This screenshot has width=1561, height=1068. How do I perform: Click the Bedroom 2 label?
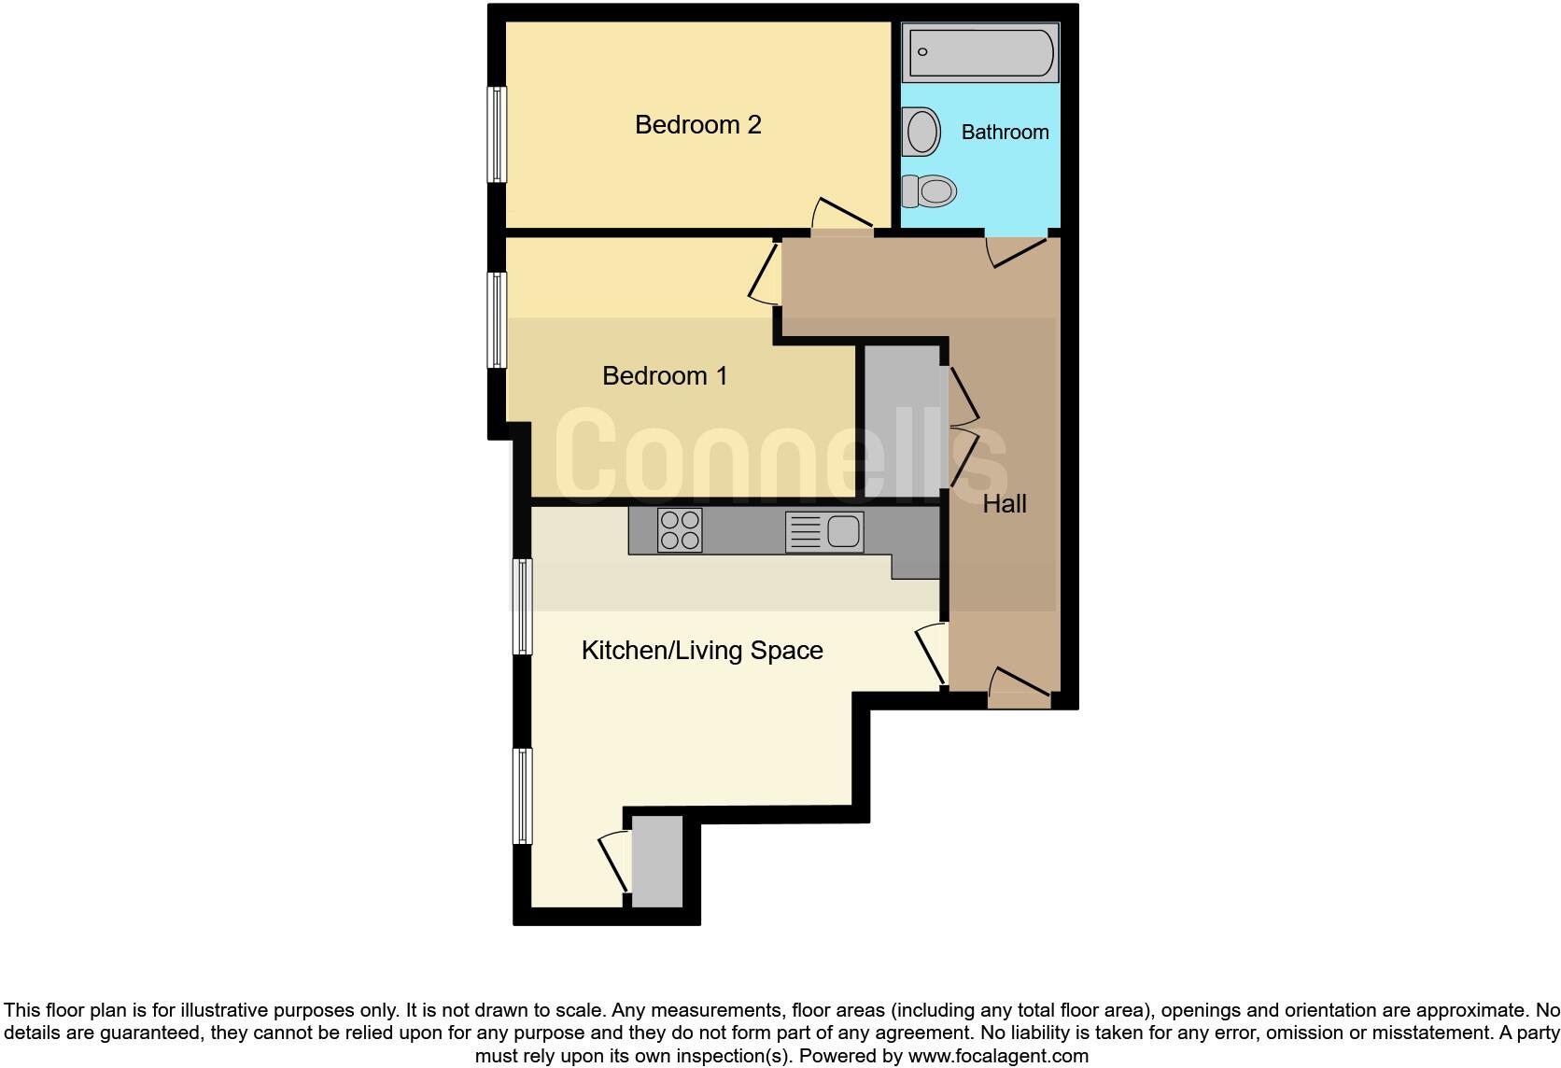point(697,124)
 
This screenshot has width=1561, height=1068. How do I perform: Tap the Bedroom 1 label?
point(664,375)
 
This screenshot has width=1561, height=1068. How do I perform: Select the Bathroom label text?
point(1005,132)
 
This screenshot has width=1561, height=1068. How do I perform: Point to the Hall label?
point(1005,503)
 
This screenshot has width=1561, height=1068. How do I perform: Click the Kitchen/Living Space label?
point(702,650)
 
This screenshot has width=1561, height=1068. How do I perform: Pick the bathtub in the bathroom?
point(980,52)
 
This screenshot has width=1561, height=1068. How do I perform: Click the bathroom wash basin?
point(921,132)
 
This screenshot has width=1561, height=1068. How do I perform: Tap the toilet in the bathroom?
point(931,191)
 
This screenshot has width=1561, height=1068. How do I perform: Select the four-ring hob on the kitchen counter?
point(679,530)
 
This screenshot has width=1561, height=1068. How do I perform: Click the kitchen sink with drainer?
point(824,532)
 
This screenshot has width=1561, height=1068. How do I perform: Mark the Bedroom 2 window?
point(498,134)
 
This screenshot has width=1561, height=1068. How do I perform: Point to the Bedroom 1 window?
point(498,319)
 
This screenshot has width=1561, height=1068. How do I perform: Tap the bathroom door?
point(1018,250)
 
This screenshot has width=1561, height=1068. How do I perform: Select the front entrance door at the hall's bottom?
point(1020,686)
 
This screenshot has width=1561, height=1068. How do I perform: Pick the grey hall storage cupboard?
point(902,420)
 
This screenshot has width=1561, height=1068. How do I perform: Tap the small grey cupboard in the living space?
point(657,862)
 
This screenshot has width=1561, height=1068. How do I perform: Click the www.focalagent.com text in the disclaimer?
point(998,1056)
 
